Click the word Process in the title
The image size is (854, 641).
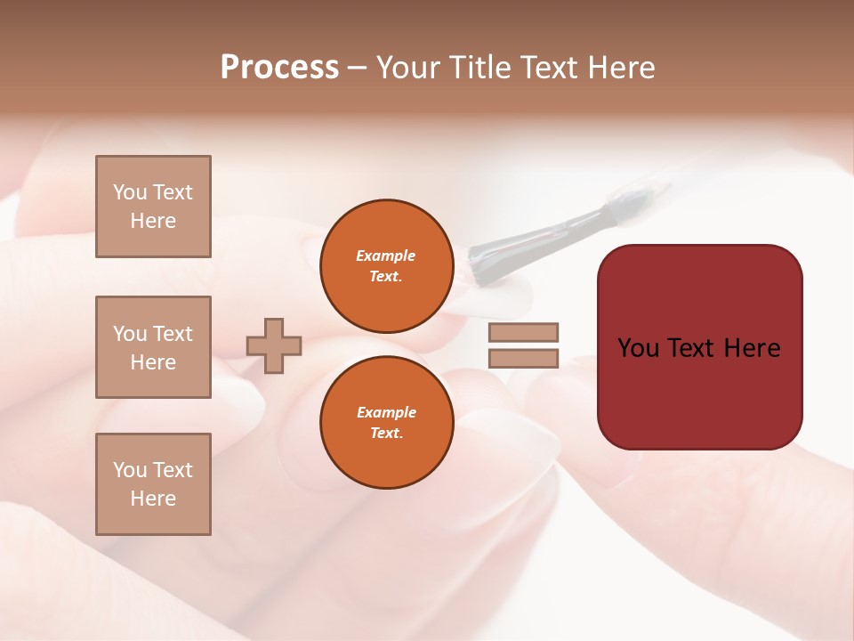(279, 68)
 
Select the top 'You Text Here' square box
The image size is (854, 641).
(153, 207)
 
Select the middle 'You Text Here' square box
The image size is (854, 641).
(153, 347)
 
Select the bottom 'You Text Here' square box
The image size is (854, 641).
(153, 484)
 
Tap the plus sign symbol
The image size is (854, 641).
(274, 345)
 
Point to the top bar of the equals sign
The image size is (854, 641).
(523, 332)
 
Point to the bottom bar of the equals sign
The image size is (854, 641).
(523, 358)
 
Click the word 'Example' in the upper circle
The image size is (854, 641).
(386, 256)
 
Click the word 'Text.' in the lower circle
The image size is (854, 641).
(386, 433)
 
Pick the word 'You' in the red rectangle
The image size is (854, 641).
(638, 348)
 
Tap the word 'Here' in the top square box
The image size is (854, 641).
(153, 221)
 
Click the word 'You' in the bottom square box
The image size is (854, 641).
(130, 470)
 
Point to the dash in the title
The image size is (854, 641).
(357, 69)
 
